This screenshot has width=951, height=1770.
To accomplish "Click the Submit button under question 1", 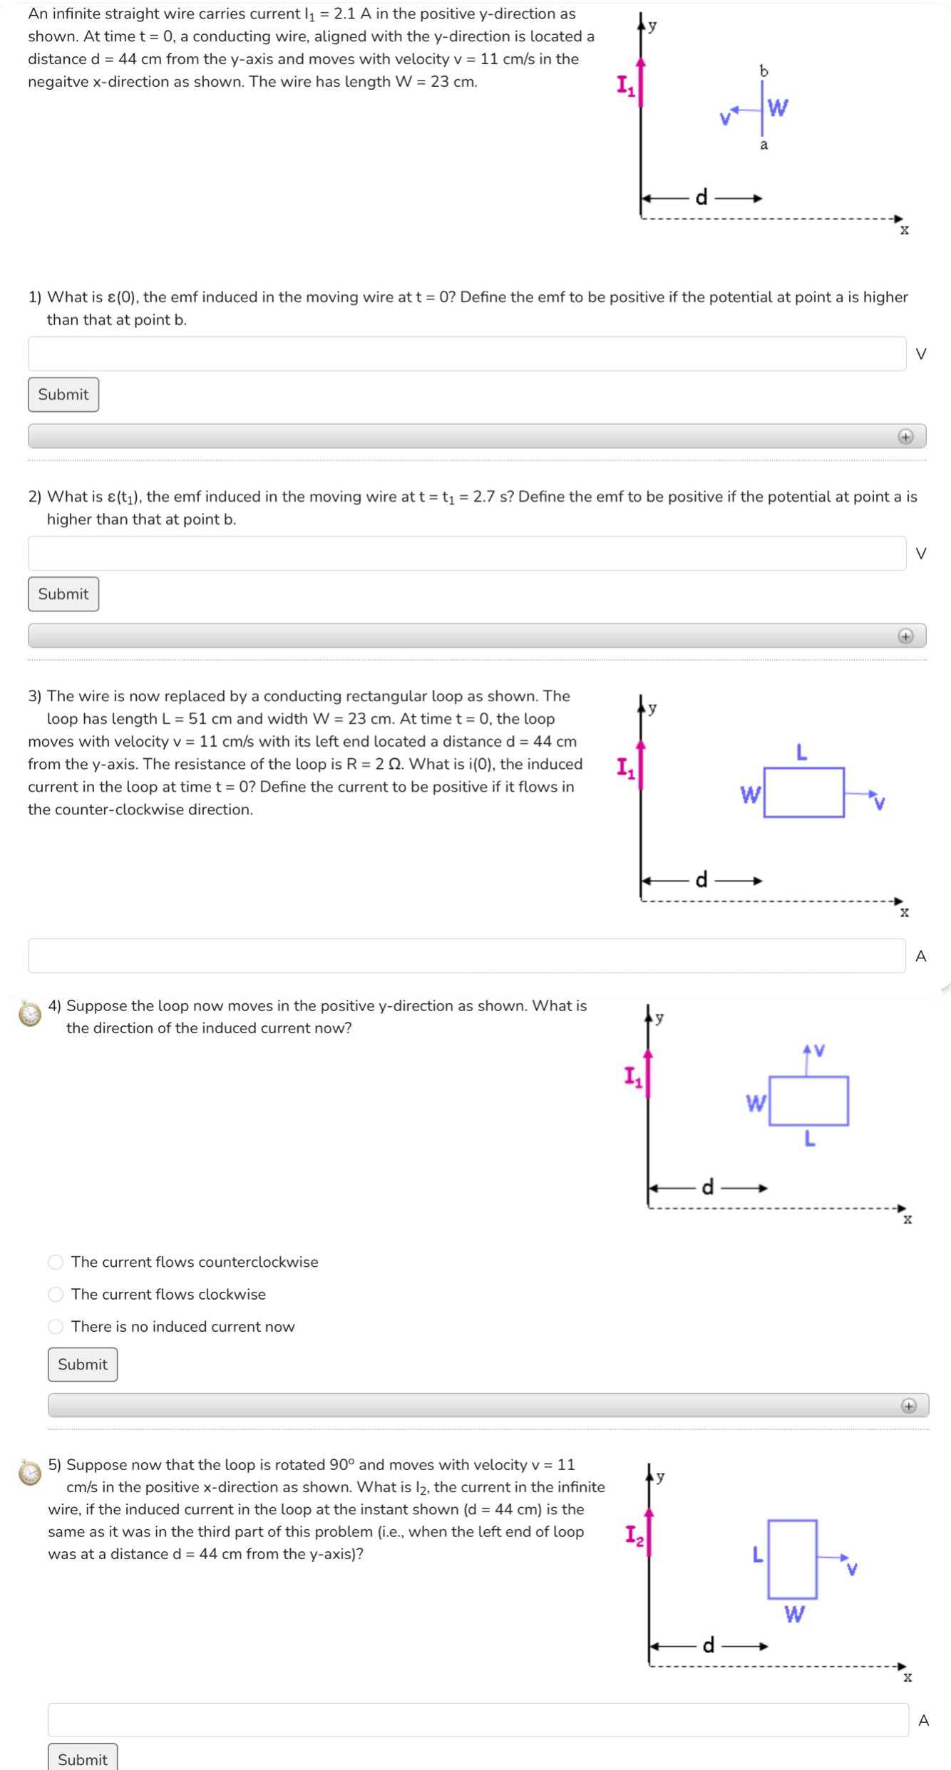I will point(63,395).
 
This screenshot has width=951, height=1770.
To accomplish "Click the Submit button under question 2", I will point(63,594).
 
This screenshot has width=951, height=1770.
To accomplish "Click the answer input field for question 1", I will point(466,354).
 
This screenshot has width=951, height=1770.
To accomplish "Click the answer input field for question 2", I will point(466,554).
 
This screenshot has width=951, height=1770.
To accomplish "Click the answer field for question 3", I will point(466,956).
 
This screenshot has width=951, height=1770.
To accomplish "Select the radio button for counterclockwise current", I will point(56,1262).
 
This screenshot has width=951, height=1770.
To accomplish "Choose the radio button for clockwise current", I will point(56,1294).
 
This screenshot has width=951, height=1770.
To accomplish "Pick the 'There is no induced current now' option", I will point(56,1327).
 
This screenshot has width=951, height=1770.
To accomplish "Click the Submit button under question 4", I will point(83,1365).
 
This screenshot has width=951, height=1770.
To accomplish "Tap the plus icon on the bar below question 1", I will point(905,437).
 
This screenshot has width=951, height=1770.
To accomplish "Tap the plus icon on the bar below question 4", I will point(908,1406).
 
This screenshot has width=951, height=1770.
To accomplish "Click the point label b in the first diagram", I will point(764,71).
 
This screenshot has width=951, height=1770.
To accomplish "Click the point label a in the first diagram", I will point(764,145).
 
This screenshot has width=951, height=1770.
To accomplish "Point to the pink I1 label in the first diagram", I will point(625,86).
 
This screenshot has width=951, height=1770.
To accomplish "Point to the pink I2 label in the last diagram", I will point(634,1536).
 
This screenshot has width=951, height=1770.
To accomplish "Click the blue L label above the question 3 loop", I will point(801,752).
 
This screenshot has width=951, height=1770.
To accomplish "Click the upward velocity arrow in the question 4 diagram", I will point(806,1060).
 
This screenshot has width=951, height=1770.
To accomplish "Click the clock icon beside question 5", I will point(30,1472).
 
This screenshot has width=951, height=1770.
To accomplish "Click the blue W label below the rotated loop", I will point(794,1615).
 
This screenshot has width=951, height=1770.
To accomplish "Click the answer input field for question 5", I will point(478,1720).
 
